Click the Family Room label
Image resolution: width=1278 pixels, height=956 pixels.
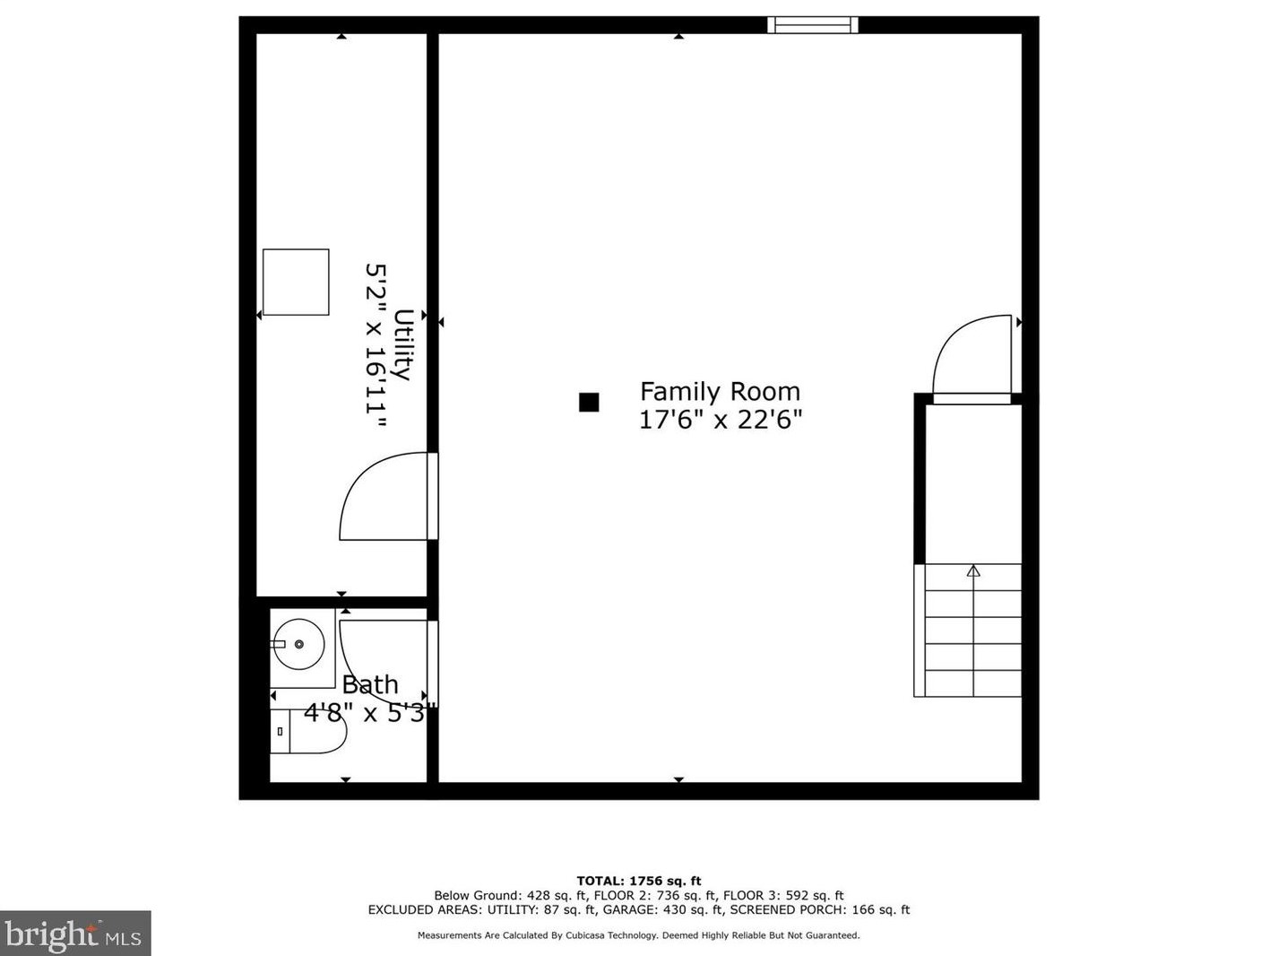coord(720,392)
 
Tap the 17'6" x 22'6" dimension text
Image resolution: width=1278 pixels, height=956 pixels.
coord(721,420)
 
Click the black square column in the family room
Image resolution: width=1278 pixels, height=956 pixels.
coord(589,402)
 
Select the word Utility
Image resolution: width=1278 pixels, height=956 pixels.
coord(403,344)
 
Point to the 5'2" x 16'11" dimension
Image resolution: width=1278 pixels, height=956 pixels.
coord(376,347)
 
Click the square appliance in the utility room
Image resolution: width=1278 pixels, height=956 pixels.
coord(296,282)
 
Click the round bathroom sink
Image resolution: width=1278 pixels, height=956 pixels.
coord(299,644)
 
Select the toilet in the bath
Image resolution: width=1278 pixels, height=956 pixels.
coord(308,731)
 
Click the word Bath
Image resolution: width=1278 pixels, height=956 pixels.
coord(370,684)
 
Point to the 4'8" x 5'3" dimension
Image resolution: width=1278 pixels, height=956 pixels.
coord(370,713)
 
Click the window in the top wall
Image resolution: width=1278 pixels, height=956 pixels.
coord(812,25)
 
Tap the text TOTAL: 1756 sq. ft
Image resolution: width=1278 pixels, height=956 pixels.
coord(639,881)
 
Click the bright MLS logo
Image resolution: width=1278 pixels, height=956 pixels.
coord(75,934)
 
